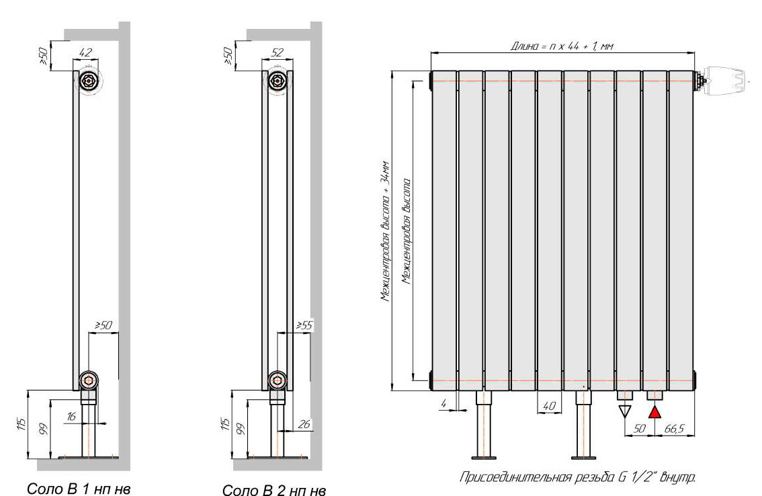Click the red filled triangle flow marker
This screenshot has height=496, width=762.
pos(655,412)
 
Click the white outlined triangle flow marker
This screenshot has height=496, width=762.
pos(624,412)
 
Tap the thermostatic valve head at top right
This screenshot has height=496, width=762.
pos(722,80)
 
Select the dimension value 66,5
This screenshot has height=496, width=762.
pos(674,428)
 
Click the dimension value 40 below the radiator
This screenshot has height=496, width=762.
pos(549,405)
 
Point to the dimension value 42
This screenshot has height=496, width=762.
pos(85,52)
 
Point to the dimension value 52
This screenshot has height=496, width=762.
pos(277,52)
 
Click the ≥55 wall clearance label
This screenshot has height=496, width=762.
pos(304,325)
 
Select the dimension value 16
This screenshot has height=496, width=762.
pos(72,416)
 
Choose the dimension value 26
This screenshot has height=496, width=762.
pos(304,424)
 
